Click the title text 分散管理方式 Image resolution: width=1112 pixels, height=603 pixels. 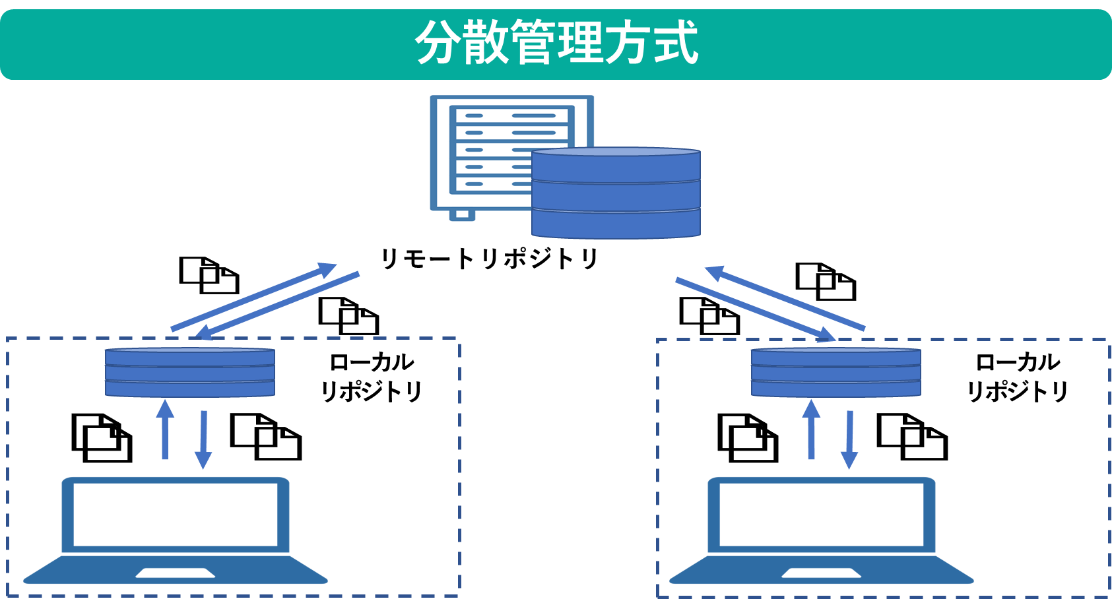tap(556, 43)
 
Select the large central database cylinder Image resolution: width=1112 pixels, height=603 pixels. tap(616, 195)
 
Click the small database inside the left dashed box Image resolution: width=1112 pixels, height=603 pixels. tap(190, 373)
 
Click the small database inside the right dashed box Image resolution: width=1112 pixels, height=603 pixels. tap(835, 373)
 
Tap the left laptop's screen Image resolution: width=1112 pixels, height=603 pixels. tap(176, 515)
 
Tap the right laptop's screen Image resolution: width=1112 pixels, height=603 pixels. tap(822, 515)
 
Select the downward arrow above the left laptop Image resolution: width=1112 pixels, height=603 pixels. tap(203, 439)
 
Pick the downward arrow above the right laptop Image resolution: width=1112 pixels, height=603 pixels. tap(849, 439)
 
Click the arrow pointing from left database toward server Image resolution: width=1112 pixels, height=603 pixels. tap(254, 297)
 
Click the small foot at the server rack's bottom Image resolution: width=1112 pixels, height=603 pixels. tap(462, 214)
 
